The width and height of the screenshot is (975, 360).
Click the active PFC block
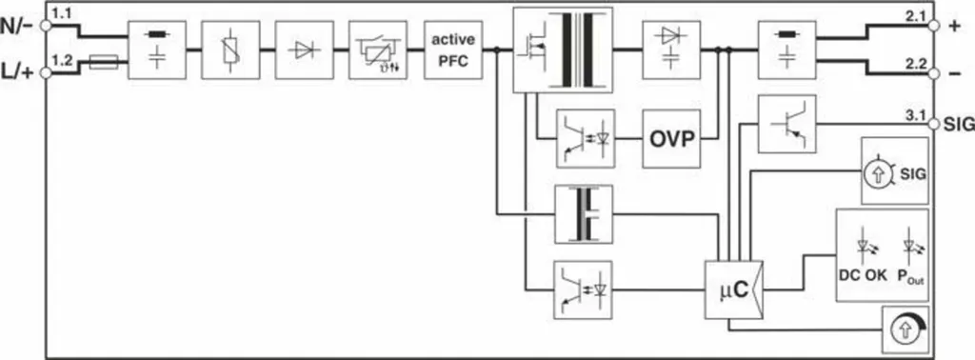pyautogui.click(x=453, y=50)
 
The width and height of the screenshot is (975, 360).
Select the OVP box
pyautogui.click(x=671, y=139)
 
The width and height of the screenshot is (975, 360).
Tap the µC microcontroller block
pyautogui.click(x=734, y=290)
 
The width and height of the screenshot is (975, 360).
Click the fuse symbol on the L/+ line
pyautogui.click(x=103, y=62)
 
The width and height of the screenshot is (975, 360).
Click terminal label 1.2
pyautogui.click(x=61, y=60)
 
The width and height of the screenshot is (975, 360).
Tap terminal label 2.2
pyautogui.click(x=916, y=62)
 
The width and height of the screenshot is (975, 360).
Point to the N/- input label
pyautogui.click(x=18, y=25)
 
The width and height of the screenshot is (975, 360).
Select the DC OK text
pyautogui.click(x=863, y=275)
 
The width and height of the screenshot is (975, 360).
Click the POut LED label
pyautogui.click(x=910, y=277)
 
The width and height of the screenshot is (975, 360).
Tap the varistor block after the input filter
pyautogui.click(x=230, y=50)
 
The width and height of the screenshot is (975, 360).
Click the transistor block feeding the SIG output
pyautogui.click(x=786, y=124)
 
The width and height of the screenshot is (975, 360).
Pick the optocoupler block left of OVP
pyautogui.click(x=586, y=139)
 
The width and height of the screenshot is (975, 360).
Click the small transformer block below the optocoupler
pyautogui.click(x=584, y=214)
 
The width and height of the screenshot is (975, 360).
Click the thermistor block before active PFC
pyautogui.click(x=378, y=50)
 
